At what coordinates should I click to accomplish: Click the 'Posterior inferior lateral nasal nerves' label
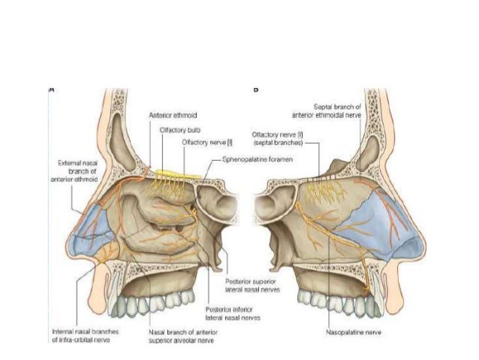point(232,313)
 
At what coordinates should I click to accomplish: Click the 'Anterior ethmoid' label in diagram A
point(173,115)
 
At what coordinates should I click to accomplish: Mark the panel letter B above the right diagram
point(255,89)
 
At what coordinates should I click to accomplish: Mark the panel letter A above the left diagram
point(52,89)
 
